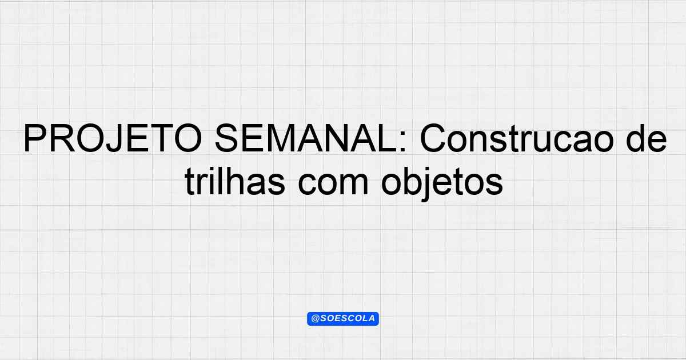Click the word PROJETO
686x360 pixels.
coord(113,138)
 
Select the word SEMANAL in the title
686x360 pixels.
coord(306,138)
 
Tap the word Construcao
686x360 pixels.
coord(517,138)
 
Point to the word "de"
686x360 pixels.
coord(647,138)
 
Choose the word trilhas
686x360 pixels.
coord(235,181)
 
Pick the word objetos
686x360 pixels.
coord(442,183)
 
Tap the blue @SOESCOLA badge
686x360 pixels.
coord(343,319)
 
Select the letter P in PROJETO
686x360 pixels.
coord(35,138)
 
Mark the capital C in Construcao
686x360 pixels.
coord(434,138)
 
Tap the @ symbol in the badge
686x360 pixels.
coord(316,318)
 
